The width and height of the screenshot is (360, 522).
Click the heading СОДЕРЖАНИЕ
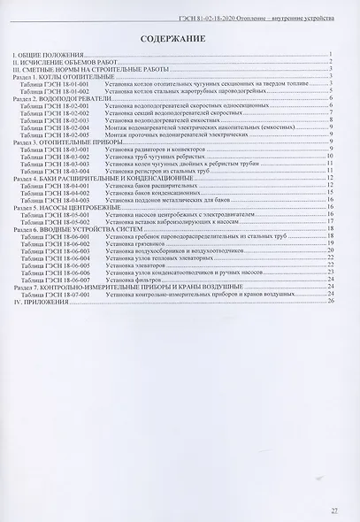[x=180, y=39]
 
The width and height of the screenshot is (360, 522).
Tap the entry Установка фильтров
[x=131, y=280]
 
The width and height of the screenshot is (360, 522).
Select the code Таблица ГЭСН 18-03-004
[x=61, y=172]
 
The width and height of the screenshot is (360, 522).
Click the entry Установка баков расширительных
[x=146, y=186]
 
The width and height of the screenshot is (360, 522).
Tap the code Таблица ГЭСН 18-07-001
[x=61, y=294]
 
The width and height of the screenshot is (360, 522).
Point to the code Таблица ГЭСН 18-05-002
[x=61, y=220]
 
